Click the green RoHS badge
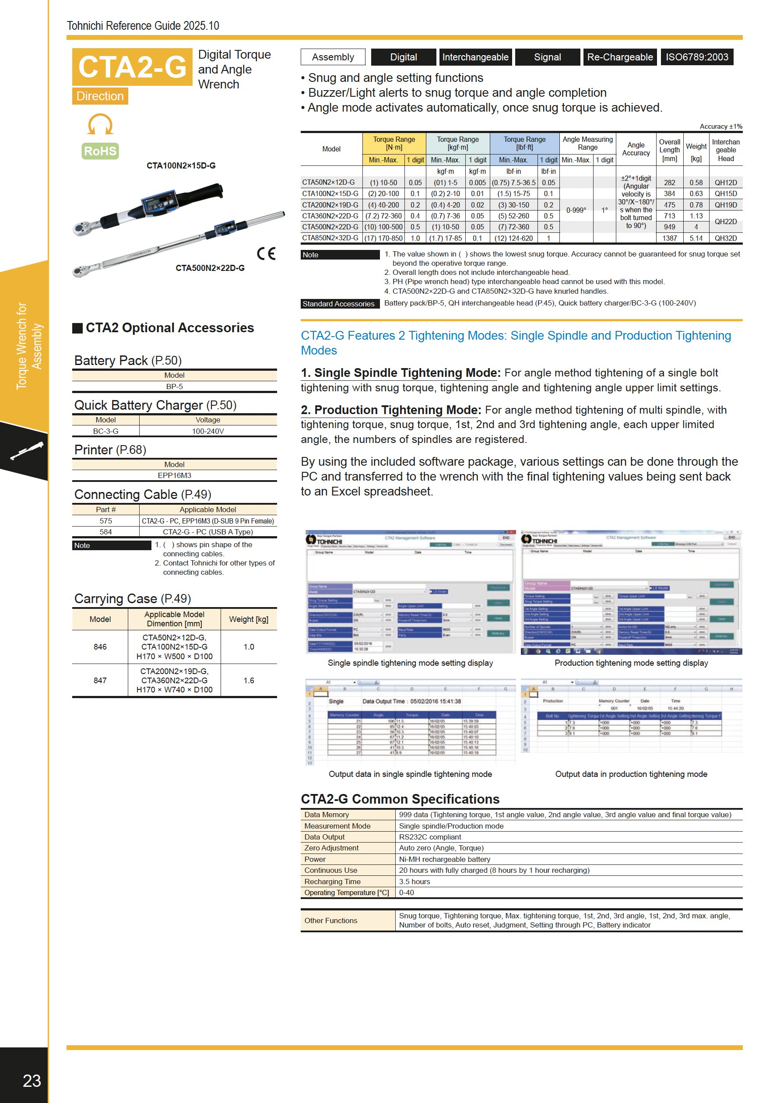click(100, 151)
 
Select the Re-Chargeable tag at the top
click(620, 57)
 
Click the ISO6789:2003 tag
click(696, 57)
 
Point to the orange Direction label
click(100, 96)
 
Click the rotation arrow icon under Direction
click(100, 124)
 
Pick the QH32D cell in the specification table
click(725, 238)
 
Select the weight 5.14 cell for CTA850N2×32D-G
click(696, 238)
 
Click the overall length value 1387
click(670, 238)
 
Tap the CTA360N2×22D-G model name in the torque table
click(330, 216)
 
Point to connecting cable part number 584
click(105, 532)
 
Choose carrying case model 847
click(100, 680)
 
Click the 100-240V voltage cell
click(208, 431)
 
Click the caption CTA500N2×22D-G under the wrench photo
click(210, 268)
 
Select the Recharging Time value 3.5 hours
click(415, 882)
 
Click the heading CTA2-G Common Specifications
click(400, 799)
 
